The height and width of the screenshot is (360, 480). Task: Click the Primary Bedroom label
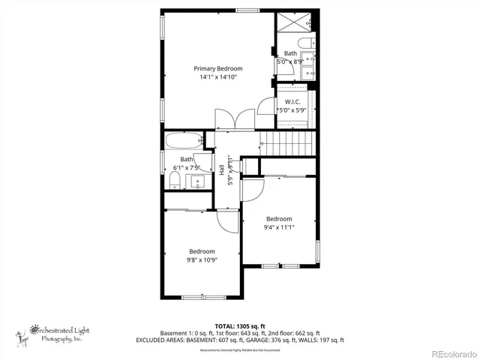218,68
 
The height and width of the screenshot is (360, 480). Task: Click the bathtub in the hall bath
184,140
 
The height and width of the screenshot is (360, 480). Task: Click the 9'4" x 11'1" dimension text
279,227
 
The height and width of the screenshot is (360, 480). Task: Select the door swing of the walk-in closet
267,106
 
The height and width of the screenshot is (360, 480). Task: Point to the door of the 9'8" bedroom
225,219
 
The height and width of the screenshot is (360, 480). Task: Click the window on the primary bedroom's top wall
245,10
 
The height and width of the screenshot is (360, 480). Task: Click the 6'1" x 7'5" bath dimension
187,167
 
